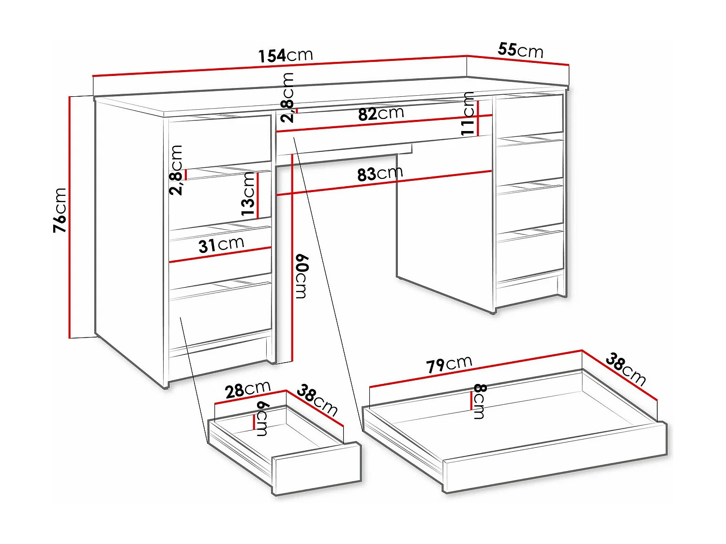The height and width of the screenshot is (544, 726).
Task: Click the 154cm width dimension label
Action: (x=286, y=55)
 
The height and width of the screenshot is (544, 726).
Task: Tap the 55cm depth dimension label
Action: (x=520, y=50)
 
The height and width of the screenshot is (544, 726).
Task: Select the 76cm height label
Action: (x=60, y=210)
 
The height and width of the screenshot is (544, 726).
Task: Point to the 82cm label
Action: (x=381, y=114)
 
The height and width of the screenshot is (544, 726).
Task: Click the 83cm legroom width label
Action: (x=380, y=174)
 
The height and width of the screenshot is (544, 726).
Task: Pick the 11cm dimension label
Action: (x=468, y=114)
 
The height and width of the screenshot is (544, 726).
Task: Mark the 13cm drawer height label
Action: (x=248, y=194)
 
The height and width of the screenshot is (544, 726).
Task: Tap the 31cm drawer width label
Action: (x=221, y=245)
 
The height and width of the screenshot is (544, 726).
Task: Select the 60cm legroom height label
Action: (x=301, y=276)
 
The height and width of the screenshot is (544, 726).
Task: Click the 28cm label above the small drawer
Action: (x=247, y=389)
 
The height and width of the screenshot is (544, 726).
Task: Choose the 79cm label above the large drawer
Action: (x=449, y=364)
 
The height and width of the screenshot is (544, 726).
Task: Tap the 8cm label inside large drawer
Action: (x=479, y=401)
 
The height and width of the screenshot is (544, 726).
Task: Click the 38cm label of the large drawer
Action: (x=625, y=369)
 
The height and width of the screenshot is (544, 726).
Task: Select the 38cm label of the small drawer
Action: (x=317, y=399)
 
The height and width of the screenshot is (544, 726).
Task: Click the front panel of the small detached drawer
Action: (x=318, y=468)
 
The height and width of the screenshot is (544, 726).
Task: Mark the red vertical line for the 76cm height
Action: (x=70, y=217)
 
